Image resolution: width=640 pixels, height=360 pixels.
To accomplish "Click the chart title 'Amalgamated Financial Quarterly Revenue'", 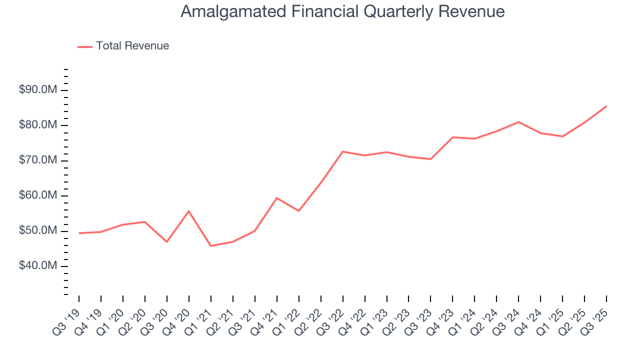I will (x=342, y=11).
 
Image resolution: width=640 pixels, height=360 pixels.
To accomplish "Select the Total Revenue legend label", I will (x=132, y=46).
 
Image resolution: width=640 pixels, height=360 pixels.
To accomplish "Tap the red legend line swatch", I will (x=85, y=46).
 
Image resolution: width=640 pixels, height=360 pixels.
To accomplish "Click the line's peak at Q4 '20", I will (x=189, y=211).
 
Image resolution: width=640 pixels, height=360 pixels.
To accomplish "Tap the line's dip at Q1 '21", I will (x=211, y=245).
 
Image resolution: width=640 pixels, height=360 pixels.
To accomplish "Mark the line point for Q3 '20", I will (x=167, y=241).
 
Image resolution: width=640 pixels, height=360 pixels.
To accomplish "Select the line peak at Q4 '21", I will (x=277, y=198).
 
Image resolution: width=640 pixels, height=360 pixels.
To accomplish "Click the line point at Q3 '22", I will (x=343, y=151).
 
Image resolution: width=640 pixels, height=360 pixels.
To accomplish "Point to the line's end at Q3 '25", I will (x=606, y=106).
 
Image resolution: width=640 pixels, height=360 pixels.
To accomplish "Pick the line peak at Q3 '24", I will (x=518, y=122).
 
